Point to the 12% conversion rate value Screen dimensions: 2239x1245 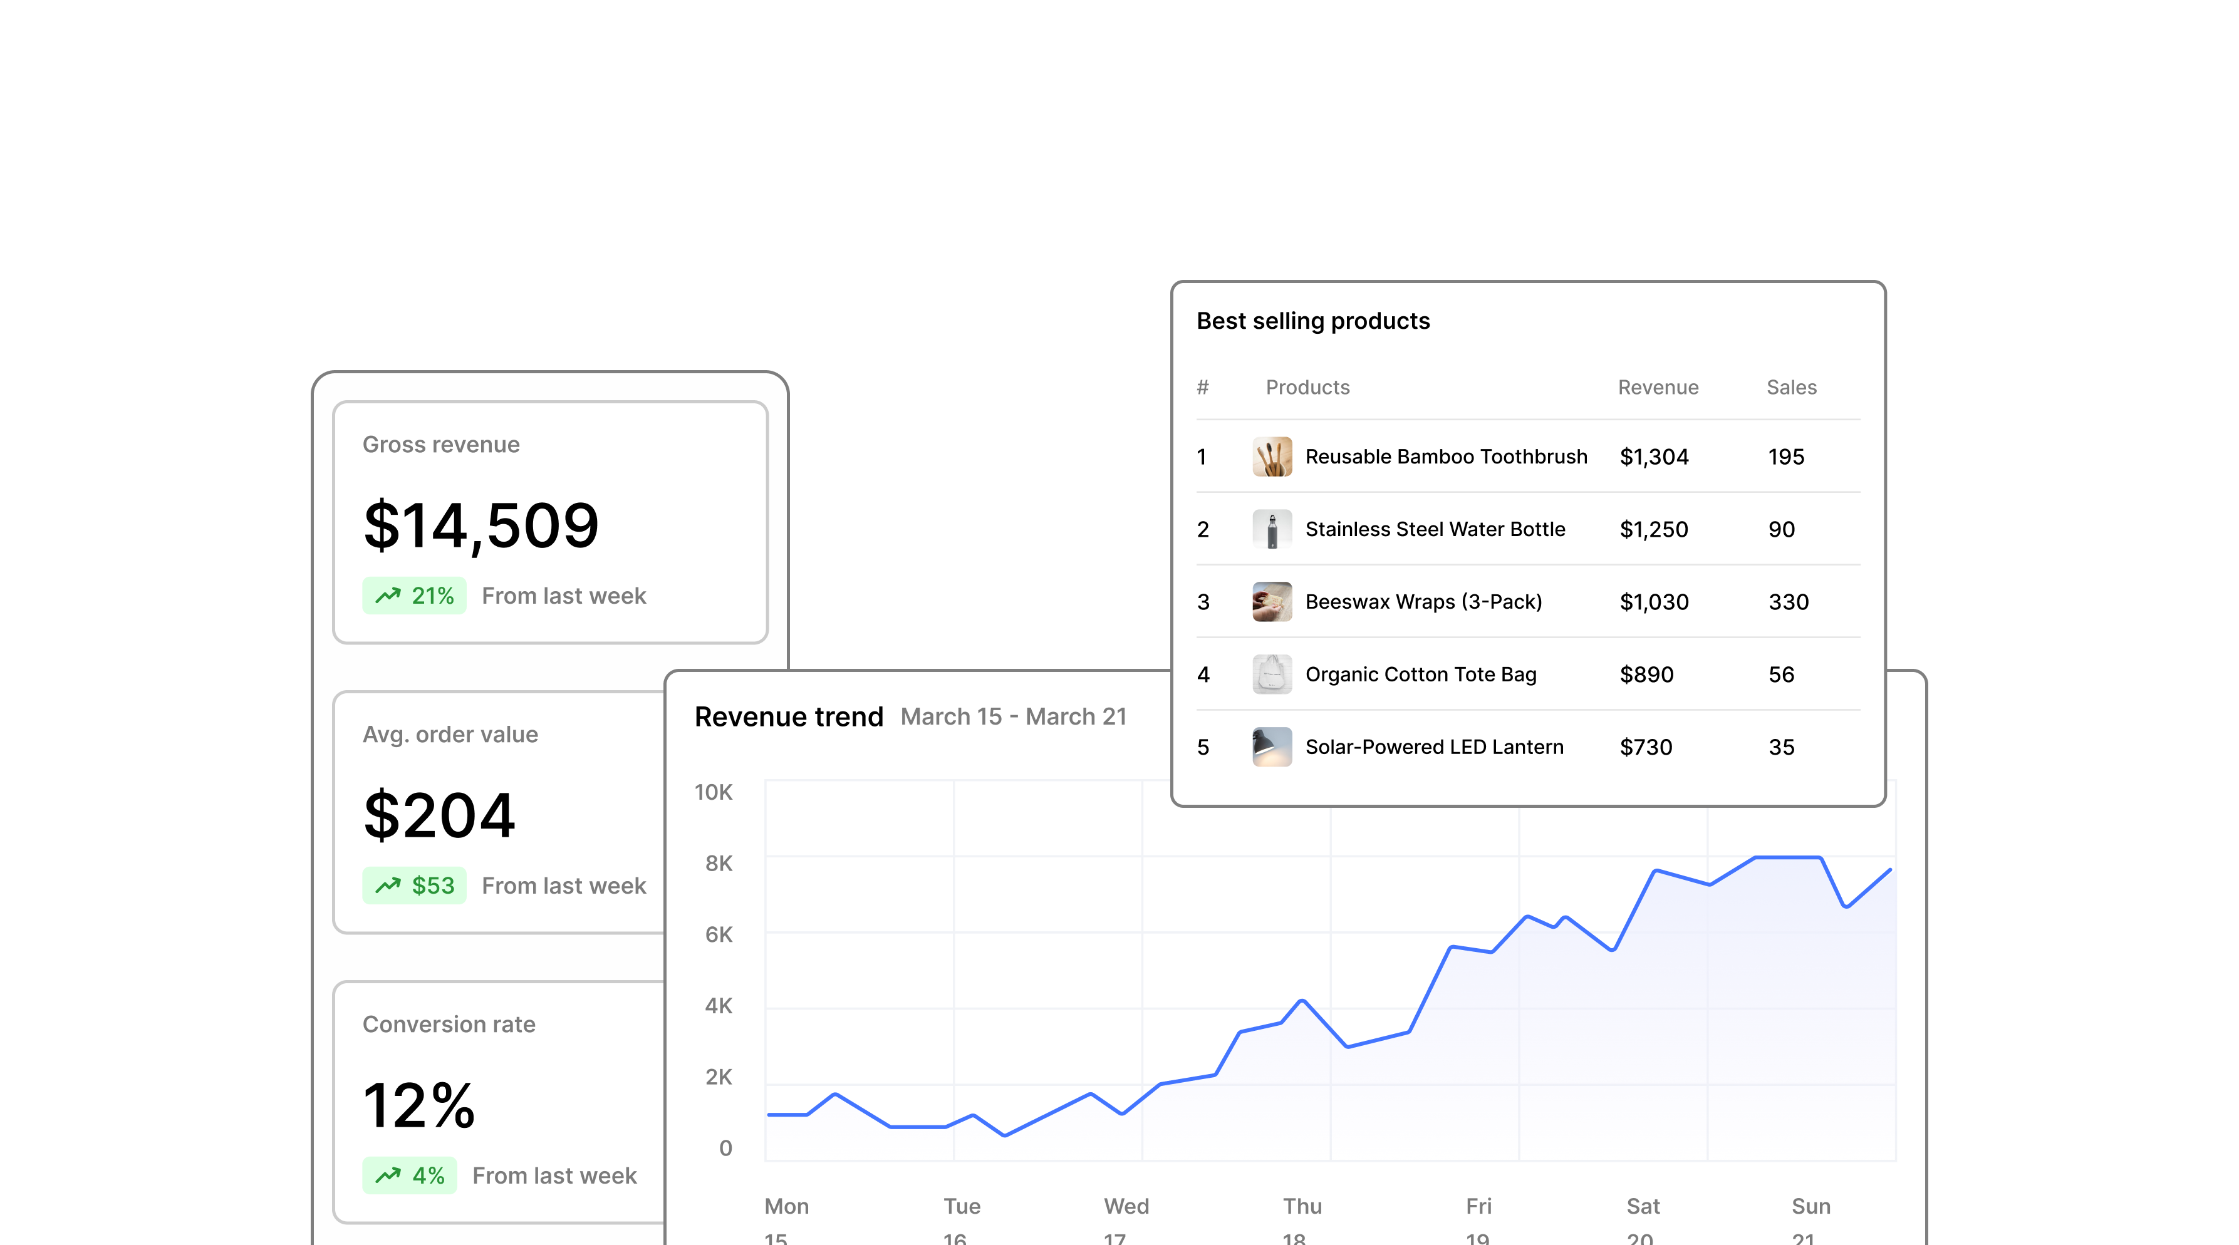(419, 1105)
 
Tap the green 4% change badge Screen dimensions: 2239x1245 (409, 1175)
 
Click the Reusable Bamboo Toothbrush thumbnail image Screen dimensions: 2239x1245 (1272, 457)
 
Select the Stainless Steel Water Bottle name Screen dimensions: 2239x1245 (1435, 529)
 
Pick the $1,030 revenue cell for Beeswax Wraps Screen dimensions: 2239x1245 (1654, 602)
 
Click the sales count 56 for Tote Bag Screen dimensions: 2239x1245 (1782, 674)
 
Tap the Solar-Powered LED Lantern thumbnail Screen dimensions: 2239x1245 (1272, 747)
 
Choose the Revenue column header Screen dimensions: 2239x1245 (1658, 388)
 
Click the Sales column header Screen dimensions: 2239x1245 (1791, 388)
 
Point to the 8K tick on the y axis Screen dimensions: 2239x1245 (719, 864)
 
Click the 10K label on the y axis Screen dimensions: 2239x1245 (714, 792)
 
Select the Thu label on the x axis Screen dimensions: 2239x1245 (1302, 1206)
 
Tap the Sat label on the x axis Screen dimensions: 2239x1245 (1643, 1206)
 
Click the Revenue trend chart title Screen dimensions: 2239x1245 (788, 717)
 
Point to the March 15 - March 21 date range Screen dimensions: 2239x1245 (1014, 717)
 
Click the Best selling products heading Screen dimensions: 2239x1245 (1312, 321)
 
